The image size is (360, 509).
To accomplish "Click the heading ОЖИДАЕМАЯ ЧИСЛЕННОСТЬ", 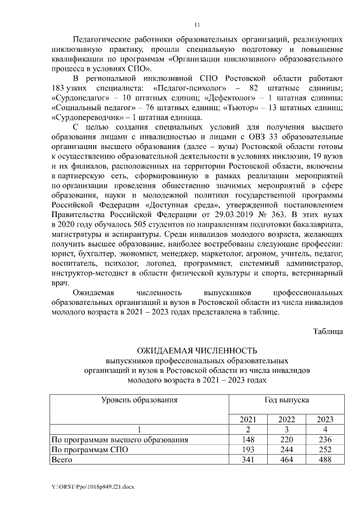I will (x=196, y=352).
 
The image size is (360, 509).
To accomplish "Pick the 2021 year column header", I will (x=247, y=419).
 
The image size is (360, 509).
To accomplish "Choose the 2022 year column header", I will (x=286, y=419).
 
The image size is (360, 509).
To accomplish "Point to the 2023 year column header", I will (x=325, y=419).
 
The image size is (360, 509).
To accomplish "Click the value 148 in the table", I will (x=247, y=439).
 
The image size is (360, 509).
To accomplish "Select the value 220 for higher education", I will (x=286, y=439).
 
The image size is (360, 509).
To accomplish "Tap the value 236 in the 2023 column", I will (x=325, y=439).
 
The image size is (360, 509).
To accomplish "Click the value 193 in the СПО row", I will (x=247, y=449).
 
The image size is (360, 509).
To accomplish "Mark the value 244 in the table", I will (x=286, y=449).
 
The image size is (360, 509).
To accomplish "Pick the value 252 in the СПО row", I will (x=325, y=449).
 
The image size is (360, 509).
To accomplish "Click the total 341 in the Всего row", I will (x=247, y=460).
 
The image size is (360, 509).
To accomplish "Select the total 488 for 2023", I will (x=325, y=460).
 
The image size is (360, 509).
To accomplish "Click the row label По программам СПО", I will (x=89, y=449).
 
